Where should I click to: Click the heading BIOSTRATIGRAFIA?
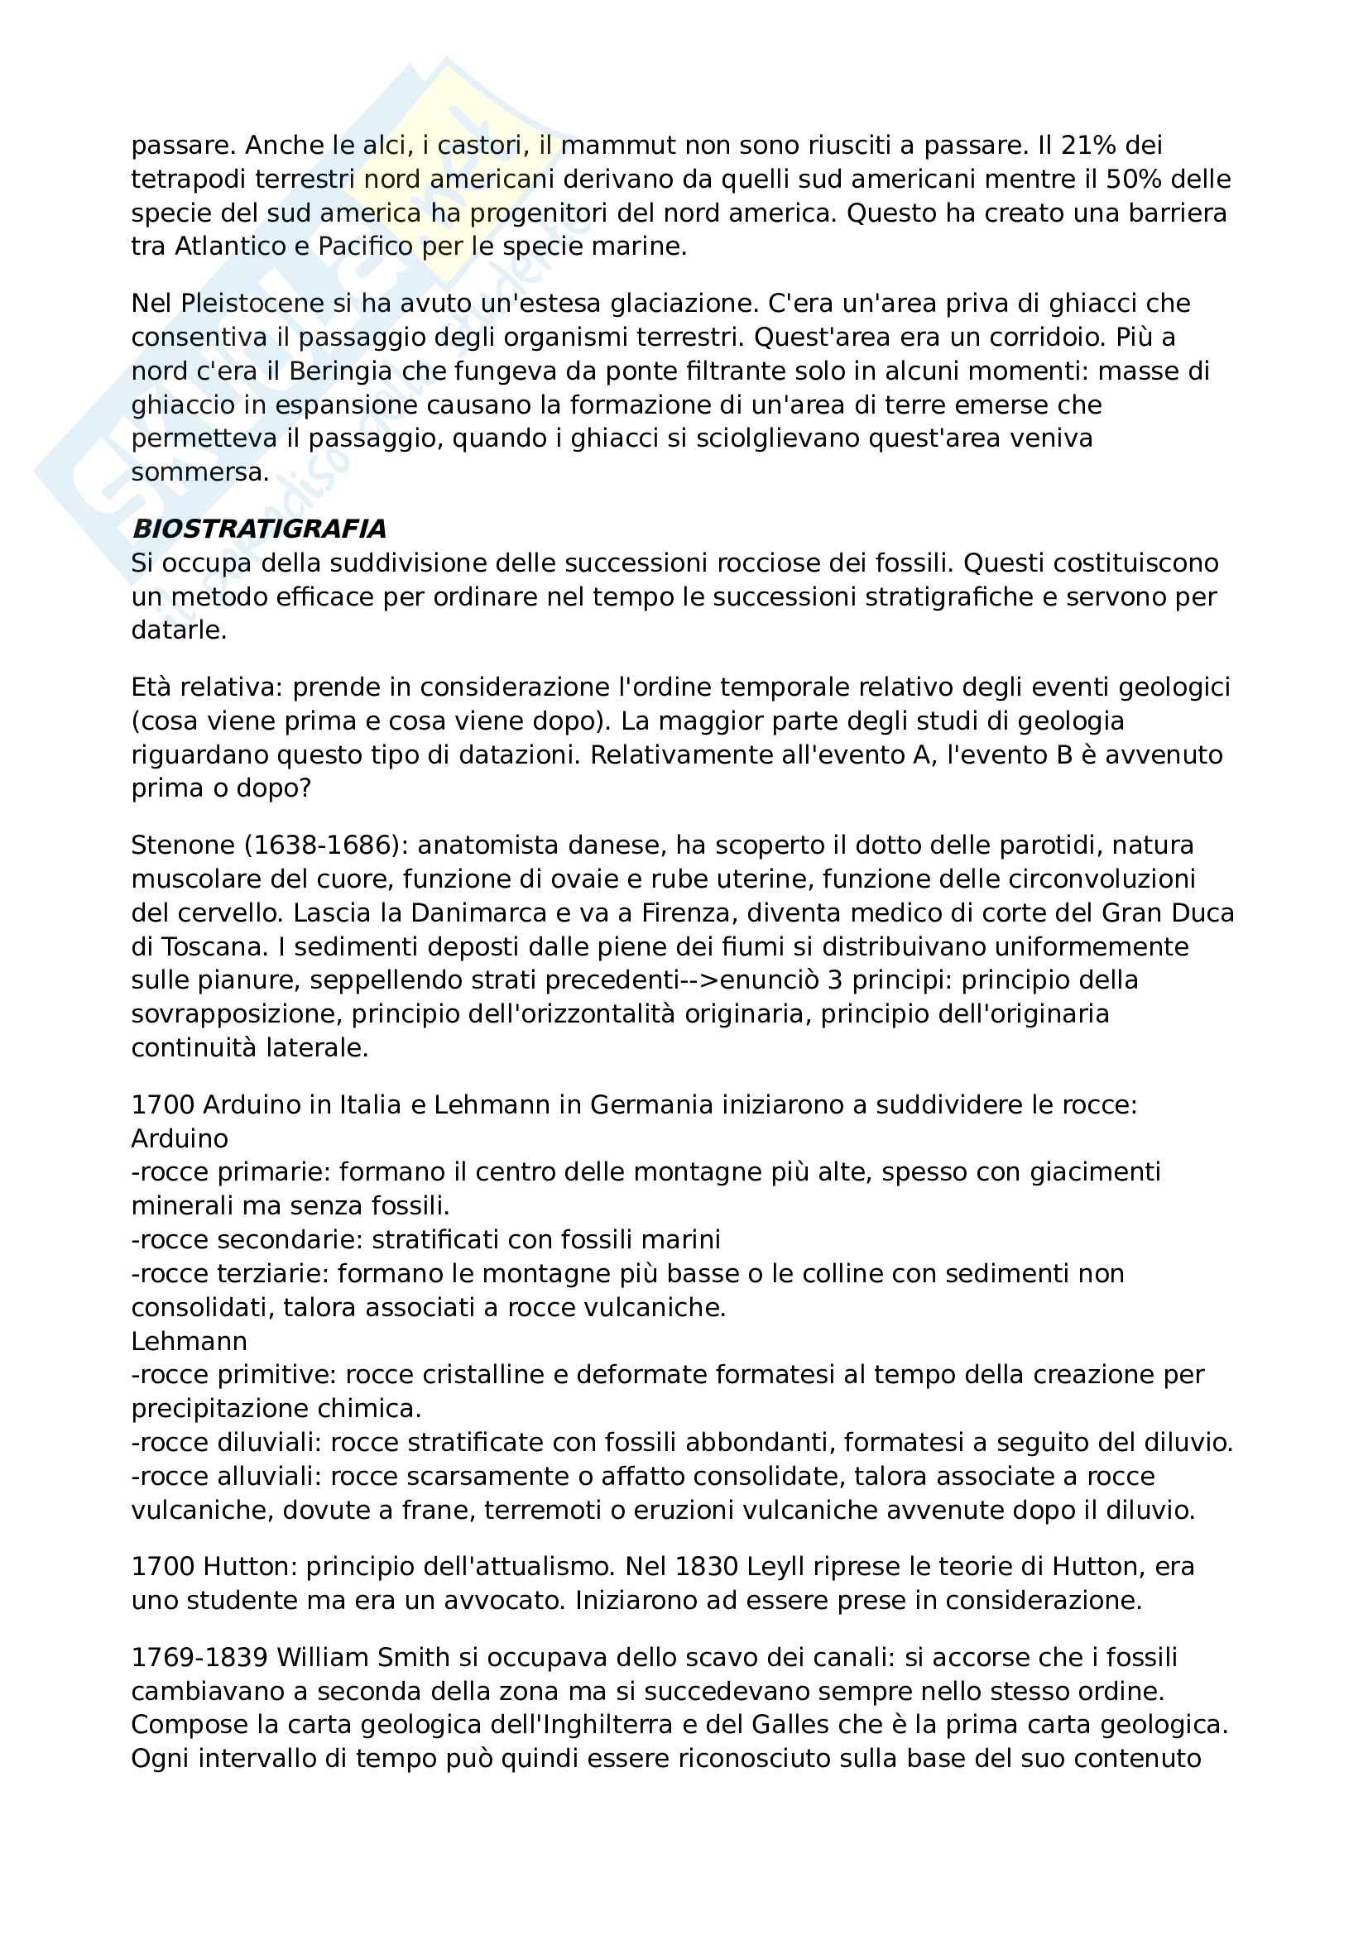click(x=259, y=529)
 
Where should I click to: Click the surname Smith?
click(x=410, y=1658)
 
